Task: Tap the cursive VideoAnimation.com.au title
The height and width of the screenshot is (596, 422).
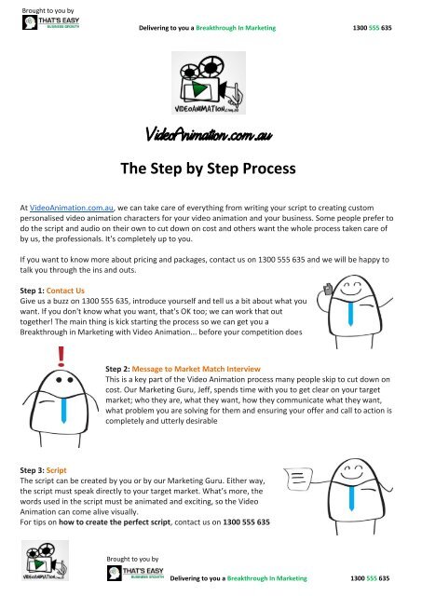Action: [x=211, y=135]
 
